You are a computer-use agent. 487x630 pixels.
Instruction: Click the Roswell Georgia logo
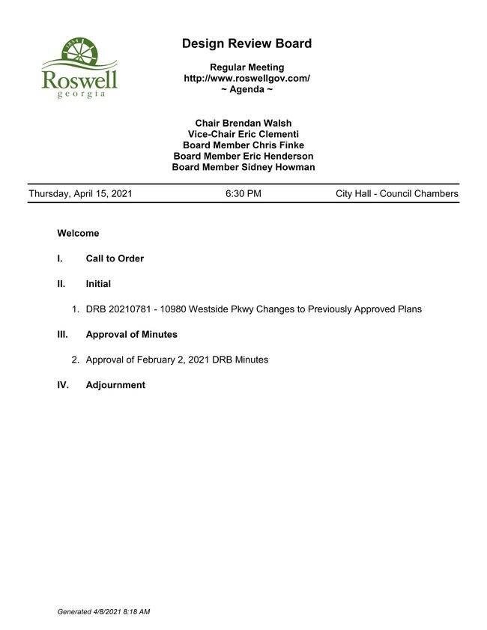click(x=79, y=68)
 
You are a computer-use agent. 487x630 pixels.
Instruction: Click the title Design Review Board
click(x=246, y=43)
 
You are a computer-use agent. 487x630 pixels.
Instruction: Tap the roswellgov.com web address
click(x=246, y=79)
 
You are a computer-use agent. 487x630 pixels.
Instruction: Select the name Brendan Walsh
click(x=260, y=123)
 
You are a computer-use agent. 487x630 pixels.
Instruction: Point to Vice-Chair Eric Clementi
click(x=243, y=134)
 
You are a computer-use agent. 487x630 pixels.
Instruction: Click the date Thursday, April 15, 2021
click(x=80, y=194)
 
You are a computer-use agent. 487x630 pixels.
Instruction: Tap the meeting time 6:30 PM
click(x=243, y=194)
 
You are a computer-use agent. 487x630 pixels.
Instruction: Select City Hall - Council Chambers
click(x=396, y=194)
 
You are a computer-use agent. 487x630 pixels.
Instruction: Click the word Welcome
click(x=78, y=233)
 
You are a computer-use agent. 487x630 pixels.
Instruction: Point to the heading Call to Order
click(x=115, y=258)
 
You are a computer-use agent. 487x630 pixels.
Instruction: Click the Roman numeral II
click(x=61, y=284)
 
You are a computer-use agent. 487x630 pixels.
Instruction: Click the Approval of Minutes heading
click(x=131, y=334)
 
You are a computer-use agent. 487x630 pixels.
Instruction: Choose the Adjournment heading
click(x=115, y=385)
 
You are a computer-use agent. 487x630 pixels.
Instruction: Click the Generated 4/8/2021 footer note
click(x=103, y=612)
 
